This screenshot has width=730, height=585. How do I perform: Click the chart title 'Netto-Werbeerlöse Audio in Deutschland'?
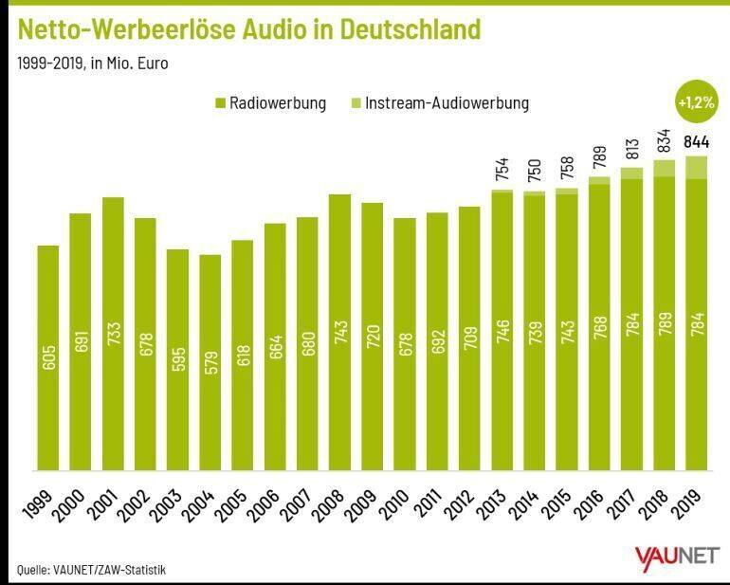[249, 29]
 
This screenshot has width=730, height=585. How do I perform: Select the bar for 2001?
[113, 332]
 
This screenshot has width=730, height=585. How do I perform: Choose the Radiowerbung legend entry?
[269, 102]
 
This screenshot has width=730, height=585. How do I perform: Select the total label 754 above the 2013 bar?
[502, 168]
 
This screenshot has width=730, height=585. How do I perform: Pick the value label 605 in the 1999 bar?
[48, 358]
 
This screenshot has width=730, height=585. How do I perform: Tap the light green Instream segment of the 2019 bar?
[697, 168]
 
